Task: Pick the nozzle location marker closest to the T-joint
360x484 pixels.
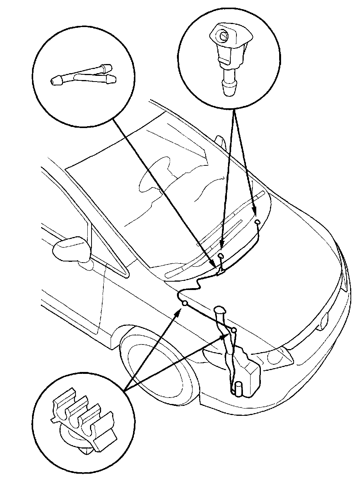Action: click(x=221, y=255)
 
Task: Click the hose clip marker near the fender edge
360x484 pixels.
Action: click(x=185, y=303)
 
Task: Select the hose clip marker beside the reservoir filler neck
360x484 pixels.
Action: click(x=233, y=329)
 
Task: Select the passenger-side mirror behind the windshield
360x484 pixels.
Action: click(x=220, y=141)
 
